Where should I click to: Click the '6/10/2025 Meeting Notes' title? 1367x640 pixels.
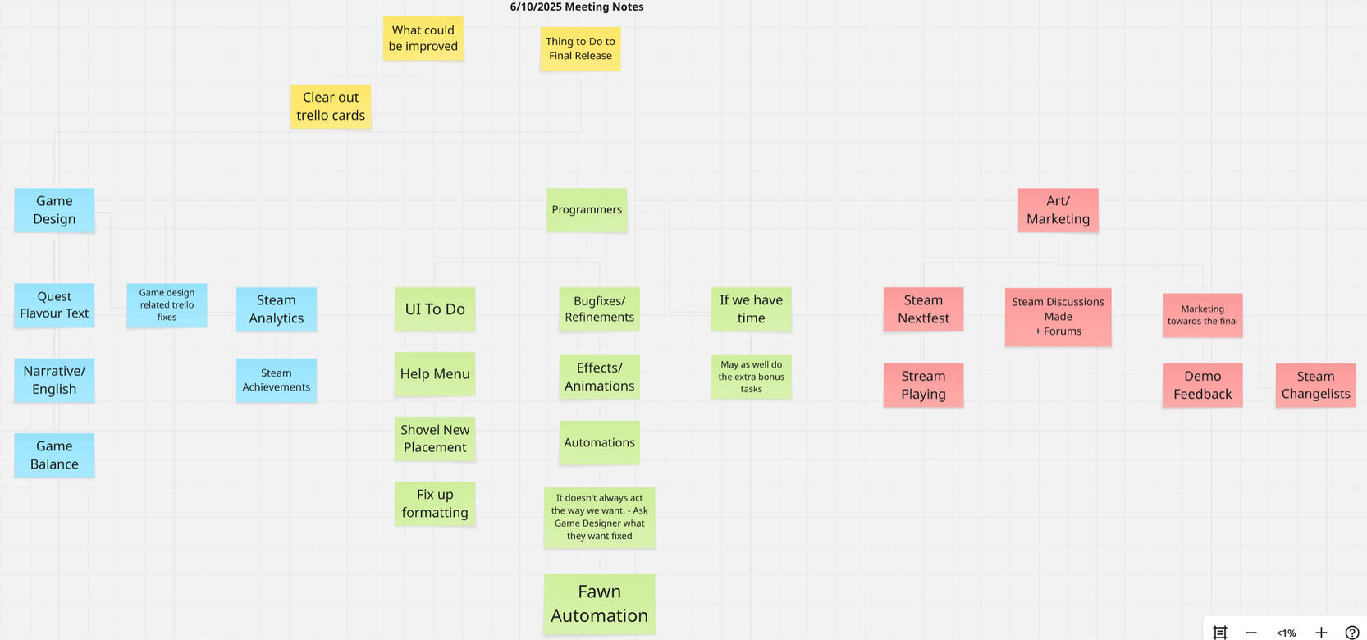(577, 7)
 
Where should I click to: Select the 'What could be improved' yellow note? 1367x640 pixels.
(423, 39)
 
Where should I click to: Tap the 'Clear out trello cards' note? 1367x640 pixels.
(331, 107)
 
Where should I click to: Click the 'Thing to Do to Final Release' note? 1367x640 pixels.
(580, 49)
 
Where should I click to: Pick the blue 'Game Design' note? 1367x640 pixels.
(54, 210)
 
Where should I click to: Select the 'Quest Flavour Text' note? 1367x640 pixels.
(54, 305)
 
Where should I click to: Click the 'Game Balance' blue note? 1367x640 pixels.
(54, 455)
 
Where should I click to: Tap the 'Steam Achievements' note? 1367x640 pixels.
(277, 380)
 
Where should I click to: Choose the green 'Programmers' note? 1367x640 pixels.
(587, 210)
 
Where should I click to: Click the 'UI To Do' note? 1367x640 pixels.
(435, 309)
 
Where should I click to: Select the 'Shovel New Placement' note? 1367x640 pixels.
(435, 439)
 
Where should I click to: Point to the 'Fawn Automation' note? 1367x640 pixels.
(599, 604)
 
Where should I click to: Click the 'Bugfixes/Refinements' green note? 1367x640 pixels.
(599, 309)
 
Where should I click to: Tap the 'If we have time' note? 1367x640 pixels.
(751, 309)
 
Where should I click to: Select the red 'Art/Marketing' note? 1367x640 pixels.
(1058, 210)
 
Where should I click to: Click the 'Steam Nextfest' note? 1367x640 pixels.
(923, 309)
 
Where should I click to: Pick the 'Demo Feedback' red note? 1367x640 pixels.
(1202, 386)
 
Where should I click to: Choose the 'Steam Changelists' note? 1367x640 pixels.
(1315, 386)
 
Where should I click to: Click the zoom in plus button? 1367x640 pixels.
(1321, 633)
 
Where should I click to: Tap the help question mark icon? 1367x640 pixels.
(1352, 633)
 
